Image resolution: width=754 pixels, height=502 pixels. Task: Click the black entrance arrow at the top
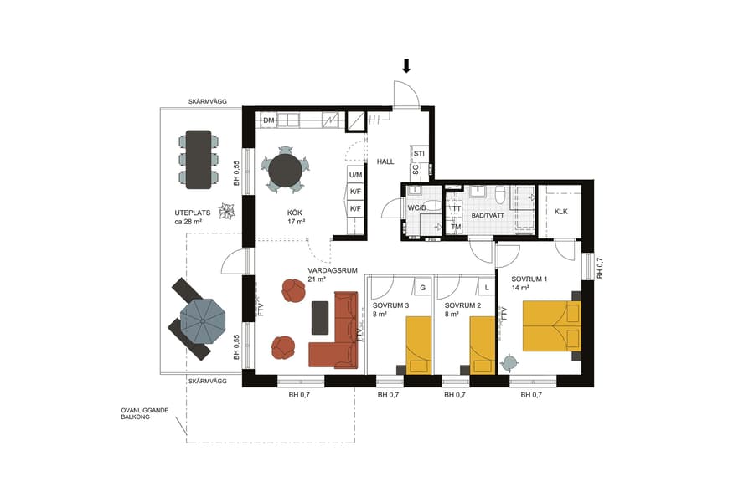406,66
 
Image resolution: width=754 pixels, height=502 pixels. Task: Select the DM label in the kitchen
269,121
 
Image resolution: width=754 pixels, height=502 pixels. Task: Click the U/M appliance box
355,175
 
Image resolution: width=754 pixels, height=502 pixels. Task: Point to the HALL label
385,161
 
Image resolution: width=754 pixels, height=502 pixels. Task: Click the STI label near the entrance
419,154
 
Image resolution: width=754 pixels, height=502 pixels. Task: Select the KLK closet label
560,212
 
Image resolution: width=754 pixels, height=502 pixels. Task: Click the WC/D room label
418,207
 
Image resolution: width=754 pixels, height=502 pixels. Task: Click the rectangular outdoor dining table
199,159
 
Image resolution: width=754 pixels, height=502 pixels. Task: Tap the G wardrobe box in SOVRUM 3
423,288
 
